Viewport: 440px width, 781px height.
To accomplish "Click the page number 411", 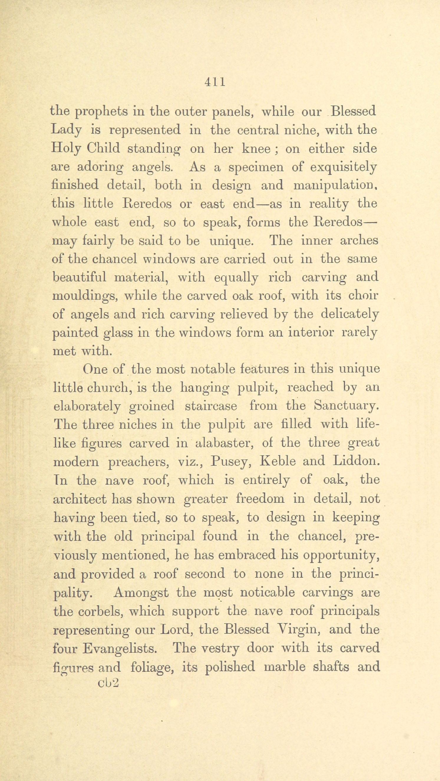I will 215,82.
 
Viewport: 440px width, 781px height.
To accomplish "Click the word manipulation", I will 335,185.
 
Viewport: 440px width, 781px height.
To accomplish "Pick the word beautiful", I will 79,277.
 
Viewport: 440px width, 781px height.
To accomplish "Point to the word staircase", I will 211,406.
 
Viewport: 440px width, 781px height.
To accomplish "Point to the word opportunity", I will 342,555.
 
